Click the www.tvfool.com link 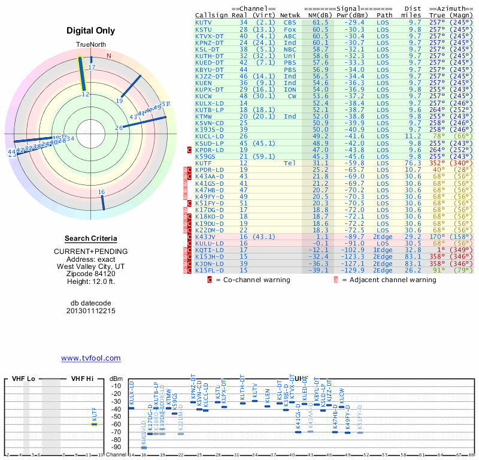point(91,358)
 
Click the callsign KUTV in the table point(204,22)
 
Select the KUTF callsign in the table point(204,163)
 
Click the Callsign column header point(213,15)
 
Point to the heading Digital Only point(91,31)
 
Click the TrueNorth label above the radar point(90,46)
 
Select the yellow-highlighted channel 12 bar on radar point(83,75)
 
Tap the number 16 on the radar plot point(101,192)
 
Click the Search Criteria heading point(91,238)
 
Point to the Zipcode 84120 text point(91,273)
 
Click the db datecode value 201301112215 point(91,311)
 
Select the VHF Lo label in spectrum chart point(23,379)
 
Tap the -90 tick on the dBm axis point(116,447)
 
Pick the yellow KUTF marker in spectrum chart point(94,424)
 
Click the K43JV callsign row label point(206,237)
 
